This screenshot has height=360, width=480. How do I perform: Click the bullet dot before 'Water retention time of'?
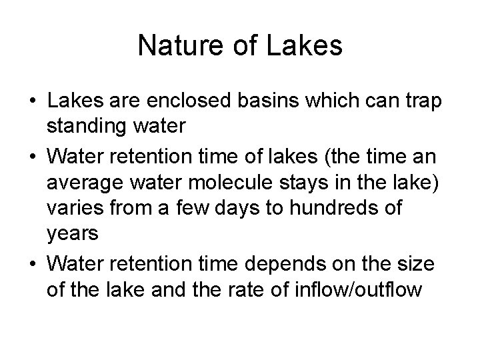[32, 155]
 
